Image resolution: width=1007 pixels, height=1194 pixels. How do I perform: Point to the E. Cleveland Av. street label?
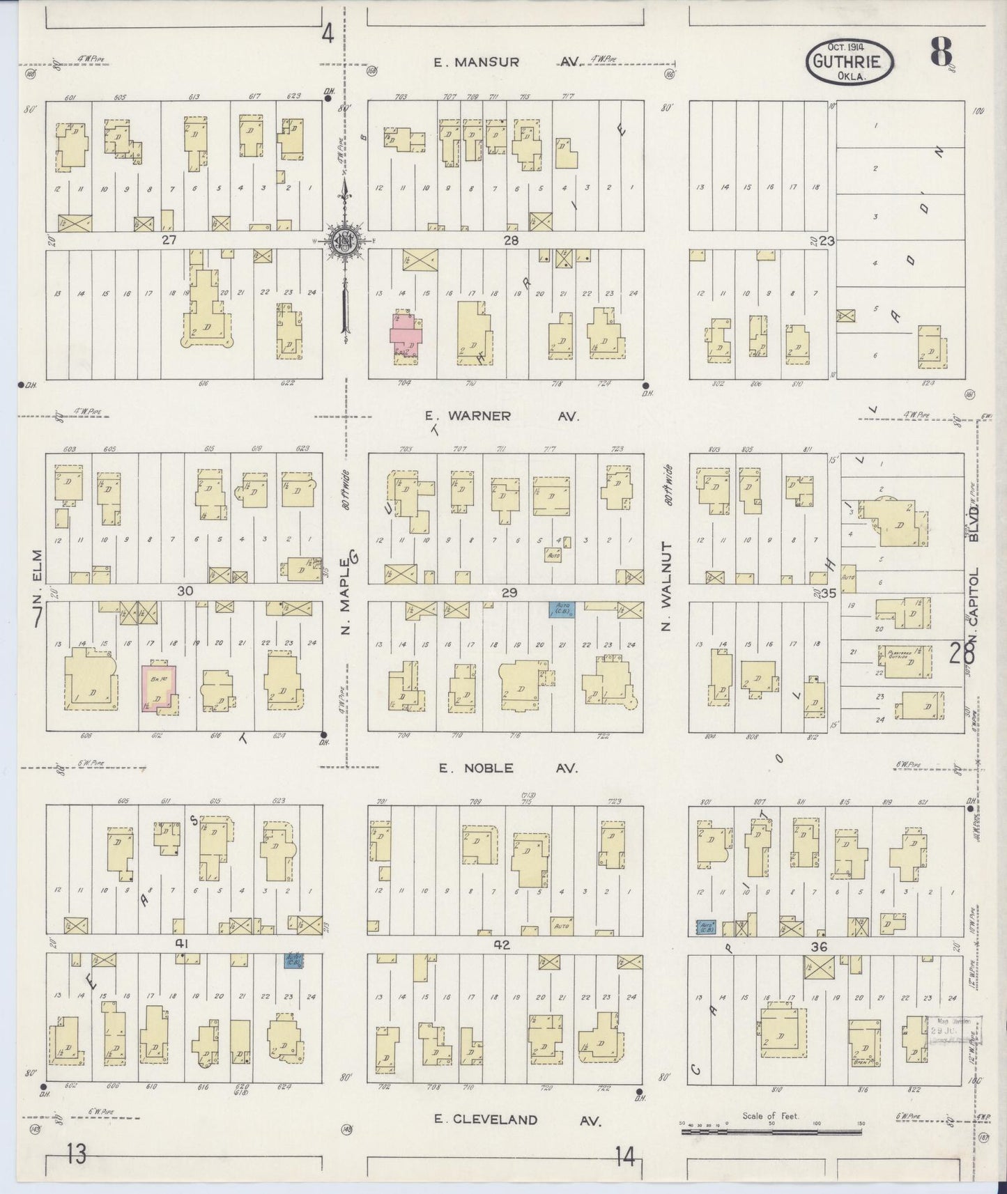click(x=515, y=1119)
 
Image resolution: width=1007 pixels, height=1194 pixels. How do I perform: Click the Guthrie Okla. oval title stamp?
click(x=850, y=61)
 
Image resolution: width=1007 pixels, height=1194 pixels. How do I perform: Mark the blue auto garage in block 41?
click(x=293, y=960)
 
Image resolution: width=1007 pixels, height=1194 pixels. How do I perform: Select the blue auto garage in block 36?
click(x=707, y=927)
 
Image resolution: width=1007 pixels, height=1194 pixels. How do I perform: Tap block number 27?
click(x=169, y=240)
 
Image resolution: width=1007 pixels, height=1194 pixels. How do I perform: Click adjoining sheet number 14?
click(x=625, y=1157)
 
